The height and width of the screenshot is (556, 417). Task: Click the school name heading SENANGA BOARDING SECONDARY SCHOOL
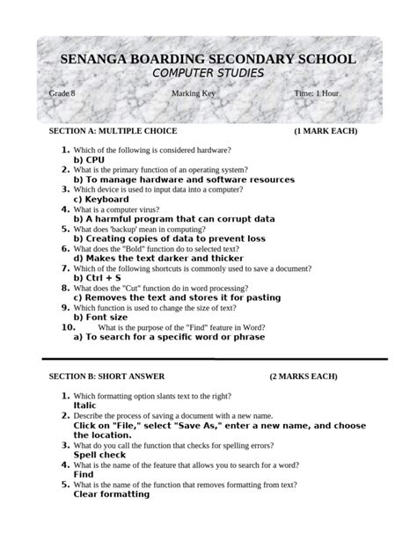(x=208, y=59)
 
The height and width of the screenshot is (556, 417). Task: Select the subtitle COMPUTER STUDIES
(x=208, y=73)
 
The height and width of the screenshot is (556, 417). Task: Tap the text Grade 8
(x=62, y=93)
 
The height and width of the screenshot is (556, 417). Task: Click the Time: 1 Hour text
(x=316, y=93)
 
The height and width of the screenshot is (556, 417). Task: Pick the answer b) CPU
(x=89, y=160)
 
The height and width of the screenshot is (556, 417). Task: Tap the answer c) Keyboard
(x=101, y=200)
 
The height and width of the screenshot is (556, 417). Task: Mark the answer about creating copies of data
(x=169, y=238)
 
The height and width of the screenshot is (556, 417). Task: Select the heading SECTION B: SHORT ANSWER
(x=106, y=377)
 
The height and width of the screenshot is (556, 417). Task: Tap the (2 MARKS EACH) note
(x=304, y=377)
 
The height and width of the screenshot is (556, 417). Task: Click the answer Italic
(x=85, y=406)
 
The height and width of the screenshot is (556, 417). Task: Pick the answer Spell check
(x=99, y=455)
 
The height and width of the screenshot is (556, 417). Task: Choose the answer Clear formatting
(x=112, y=494)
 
